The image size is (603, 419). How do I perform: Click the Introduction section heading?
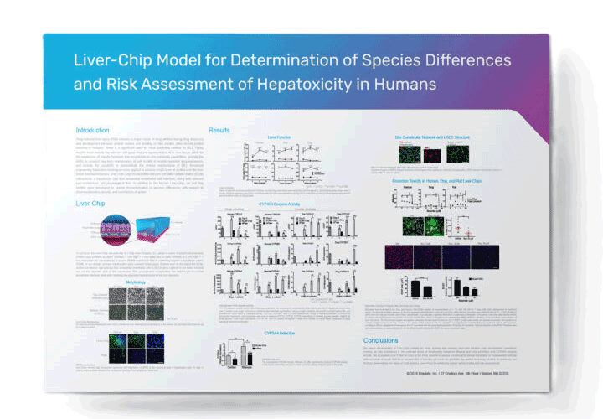tap(93, 130)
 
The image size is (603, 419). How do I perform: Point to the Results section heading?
tap(219, 131)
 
